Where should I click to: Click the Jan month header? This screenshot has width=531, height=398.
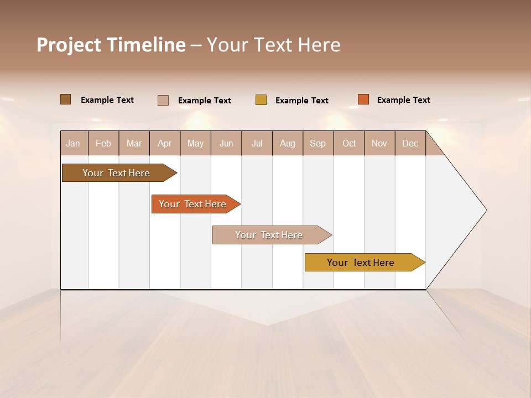pos(73,143)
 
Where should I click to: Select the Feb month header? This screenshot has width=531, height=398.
pos(103,143)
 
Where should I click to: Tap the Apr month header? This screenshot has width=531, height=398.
pos(165,143)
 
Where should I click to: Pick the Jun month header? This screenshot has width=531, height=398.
pos(226,143)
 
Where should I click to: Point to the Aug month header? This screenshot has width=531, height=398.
pos(288,143)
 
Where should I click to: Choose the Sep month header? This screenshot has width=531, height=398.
pos(318,143)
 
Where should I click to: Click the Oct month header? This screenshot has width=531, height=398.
pos(349,143)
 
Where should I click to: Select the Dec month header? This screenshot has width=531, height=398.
pos(410,143)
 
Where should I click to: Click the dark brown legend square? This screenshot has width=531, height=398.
pos(65,99)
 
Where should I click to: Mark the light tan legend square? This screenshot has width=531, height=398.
pos(163,100)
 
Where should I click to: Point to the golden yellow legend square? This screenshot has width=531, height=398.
pos(261,100)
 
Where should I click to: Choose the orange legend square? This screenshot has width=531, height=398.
pos(363,99)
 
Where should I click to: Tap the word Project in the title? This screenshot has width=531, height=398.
pos(69,45)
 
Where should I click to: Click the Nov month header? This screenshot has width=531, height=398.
pos(379,143)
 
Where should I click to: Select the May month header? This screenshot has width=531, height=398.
pos(195,143)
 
